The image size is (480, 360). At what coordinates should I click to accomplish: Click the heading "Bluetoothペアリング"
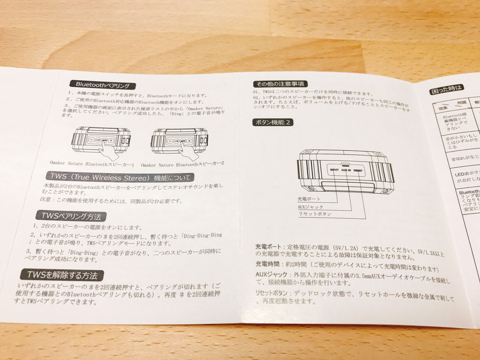point(103,85)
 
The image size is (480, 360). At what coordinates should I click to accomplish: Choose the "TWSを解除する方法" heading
point(62,275)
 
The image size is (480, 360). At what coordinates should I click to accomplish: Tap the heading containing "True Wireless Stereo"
point(120,177)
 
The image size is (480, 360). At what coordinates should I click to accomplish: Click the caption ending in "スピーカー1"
point(92,165)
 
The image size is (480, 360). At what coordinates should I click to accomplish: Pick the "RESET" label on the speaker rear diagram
point(360,171)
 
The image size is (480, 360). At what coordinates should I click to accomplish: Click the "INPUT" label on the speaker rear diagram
point(334,170)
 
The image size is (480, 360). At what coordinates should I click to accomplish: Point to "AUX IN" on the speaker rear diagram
point(347,171)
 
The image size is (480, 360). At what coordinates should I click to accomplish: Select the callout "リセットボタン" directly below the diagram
point(315,214)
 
